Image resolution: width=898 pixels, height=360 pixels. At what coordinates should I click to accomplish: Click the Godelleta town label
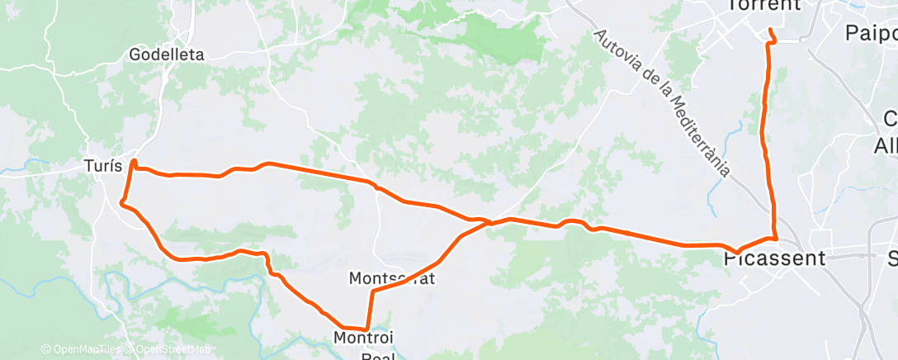(x=167, y=55)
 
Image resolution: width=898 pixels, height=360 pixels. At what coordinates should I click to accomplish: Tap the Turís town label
(x=103, y=165)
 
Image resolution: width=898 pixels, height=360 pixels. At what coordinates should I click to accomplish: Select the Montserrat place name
(x=392, y=277)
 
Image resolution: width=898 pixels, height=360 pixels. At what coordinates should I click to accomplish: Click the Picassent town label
(x=774, y=258)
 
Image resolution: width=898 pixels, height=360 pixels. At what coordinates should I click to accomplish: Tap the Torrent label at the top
(x=764, y=5)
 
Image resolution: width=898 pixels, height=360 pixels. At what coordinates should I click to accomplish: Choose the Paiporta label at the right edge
(x=872, y=33)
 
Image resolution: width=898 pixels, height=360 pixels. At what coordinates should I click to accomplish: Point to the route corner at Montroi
(x=366, y=329)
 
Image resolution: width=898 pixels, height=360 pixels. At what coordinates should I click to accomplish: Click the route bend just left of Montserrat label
(x=373, y=291)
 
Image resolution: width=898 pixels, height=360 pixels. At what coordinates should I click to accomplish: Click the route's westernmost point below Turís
(x=122, y=202)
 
